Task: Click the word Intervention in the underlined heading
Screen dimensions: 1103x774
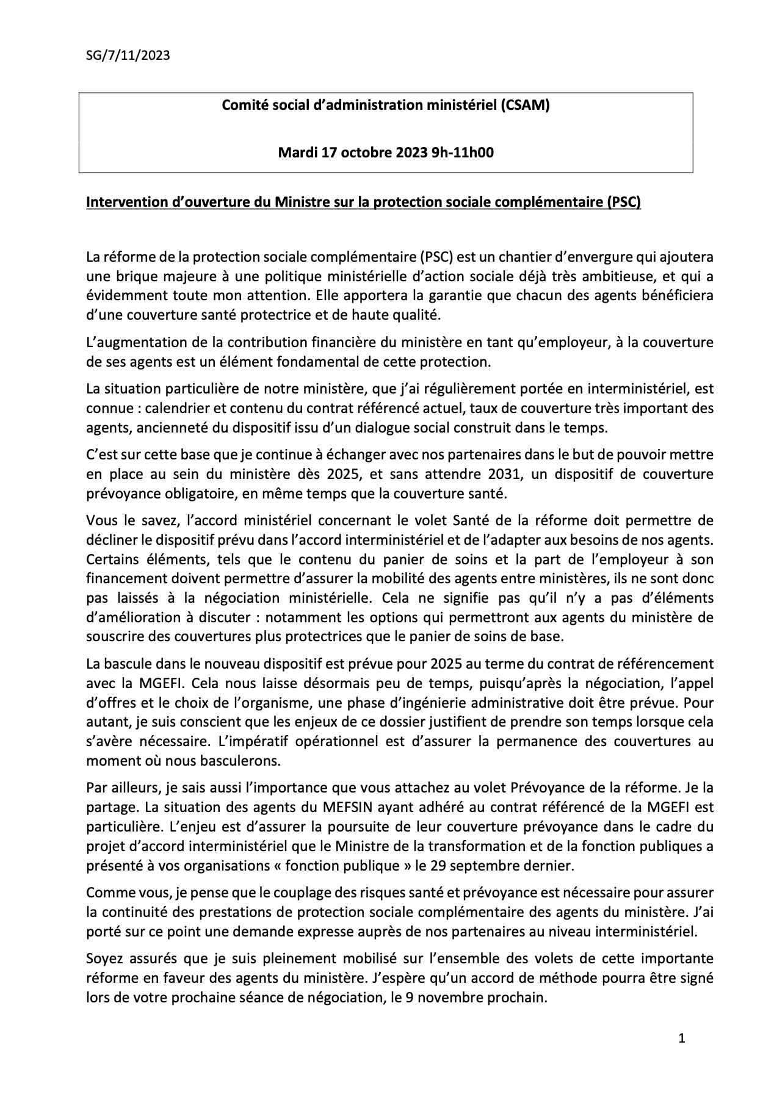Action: (120, 203)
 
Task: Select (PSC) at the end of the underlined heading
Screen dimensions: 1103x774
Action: (623, 203)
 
